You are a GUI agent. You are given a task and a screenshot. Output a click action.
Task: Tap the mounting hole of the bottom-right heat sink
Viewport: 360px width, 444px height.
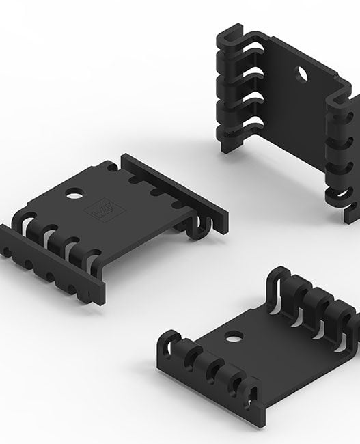click(x=234, y=336)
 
